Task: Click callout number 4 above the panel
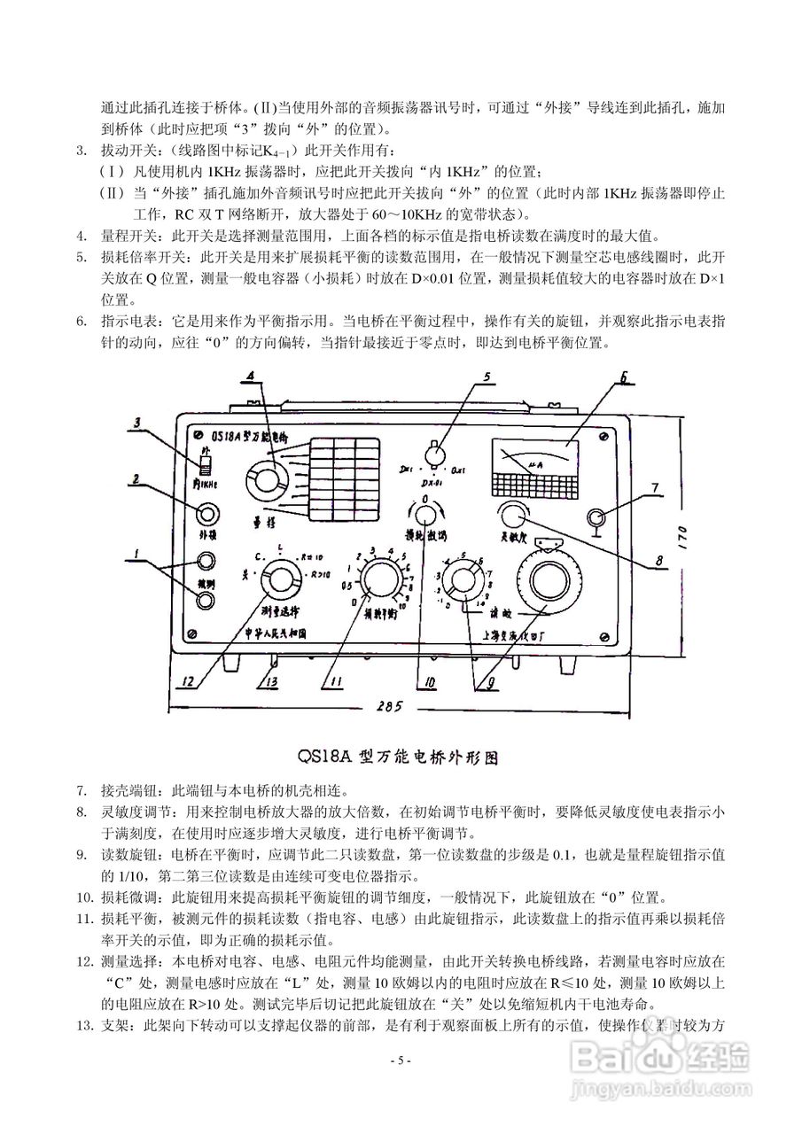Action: tap(253, 377)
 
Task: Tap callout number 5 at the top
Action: tap(486, 377)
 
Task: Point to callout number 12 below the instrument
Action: tap(188, 682)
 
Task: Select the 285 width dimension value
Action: tap(388, 706)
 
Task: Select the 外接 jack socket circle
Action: tap(207, 514)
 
